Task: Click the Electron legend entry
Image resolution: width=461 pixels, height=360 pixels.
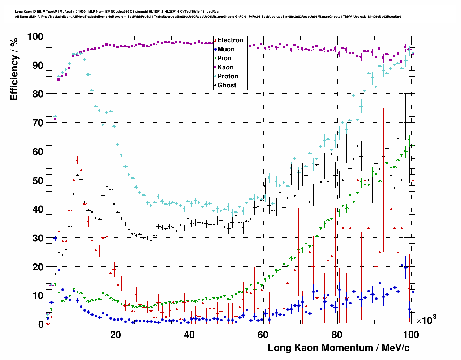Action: tap(230, 40)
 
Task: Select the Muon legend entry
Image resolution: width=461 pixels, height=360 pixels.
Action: tap(226, 49)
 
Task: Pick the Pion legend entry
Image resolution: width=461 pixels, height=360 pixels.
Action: tap(224, 58)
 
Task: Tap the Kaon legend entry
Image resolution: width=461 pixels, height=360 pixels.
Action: tap(225, 67)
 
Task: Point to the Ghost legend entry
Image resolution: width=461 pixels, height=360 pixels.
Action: tap(227, 85)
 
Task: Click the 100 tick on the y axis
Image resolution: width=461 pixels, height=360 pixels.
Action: tap(35, 37)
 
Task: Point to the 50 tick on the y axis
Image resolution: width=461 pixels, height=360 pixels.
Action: tap(38, 180)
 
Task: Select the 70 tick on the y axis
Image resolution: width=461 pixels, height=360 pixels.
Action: tap(38, 123)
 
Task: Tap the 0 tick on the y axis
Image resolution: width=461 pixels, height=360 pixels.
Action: tap(41, 325)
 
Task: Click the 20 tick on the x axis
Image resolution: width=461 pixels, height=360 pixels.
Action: tap(116, 335)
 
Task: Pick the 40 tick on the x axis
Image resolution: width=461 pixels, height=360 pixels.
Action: tap(189, 335)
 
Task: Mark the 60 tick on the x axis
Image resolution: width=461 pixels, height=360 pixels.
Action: tap(263, 335)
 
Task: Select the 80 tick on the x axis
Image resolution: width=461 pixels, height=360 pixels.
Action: tap(337, 335)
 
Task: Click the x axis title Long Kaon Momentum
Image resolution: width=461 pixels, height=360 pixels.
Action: tap(339, 348)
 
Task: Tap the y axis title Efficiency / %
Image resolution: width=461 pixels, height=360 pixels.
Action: tap(14, 69)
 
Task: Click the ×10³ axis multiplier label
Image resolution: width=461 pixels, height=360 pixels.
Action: tap(426, 320)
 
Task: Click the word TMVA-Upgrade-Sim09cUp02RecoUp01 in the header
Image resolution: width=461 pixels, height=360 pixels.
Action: tap(373, 17)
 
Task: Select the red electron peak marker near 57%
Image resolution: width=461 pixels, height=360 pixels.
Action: tap(77, 160)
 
